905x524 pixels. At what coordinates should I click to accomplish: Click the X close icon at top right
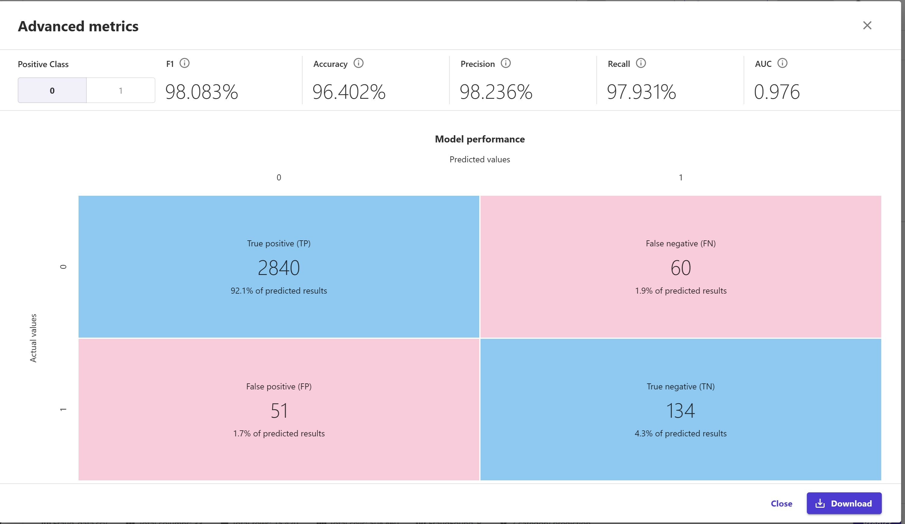[x=867, y=26]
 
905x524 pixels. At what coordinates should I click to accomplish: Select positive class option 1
[x=121, y=91]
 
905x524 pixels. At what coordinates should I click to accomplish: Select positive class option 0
[x=52, y=91]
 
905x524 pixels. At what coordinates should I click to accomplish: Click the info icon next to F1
[x=184, y=63]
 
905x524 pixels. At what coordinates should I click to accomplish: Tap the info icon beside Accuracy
[x=358, y=63]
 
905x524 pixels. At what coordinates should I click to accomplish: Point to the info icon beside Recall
[x=641, y=63]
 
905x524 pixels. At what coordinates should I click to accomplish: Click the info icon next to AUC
[x=782, y=63]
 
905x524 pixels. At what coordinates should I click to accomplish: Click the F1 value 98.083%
[x=201, y=92]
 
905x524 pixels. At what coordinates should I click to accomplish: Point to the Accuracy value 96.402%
[x=349, y=92]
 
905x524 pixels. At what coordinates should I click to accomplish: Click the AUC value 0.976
[x=776, y=92]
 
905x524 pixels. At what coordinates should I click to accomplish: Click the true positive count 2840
[x=279, y=268]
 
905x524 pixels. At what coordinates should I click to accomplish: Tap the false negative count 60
[x=680, y=268]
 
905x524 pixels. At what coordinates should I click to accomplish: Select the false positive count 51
[x=279, y=410]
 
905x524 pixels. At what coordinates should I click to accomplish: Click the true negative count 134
[x=680, y=410]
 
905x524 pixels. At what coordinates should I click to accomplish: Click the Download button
[x=844, y=503]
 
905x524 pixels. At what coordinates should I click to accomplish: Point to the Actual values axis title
[x=33, y=338]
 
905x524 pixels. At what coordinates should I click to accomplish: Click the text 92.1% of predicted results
[x=279, y=291]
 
